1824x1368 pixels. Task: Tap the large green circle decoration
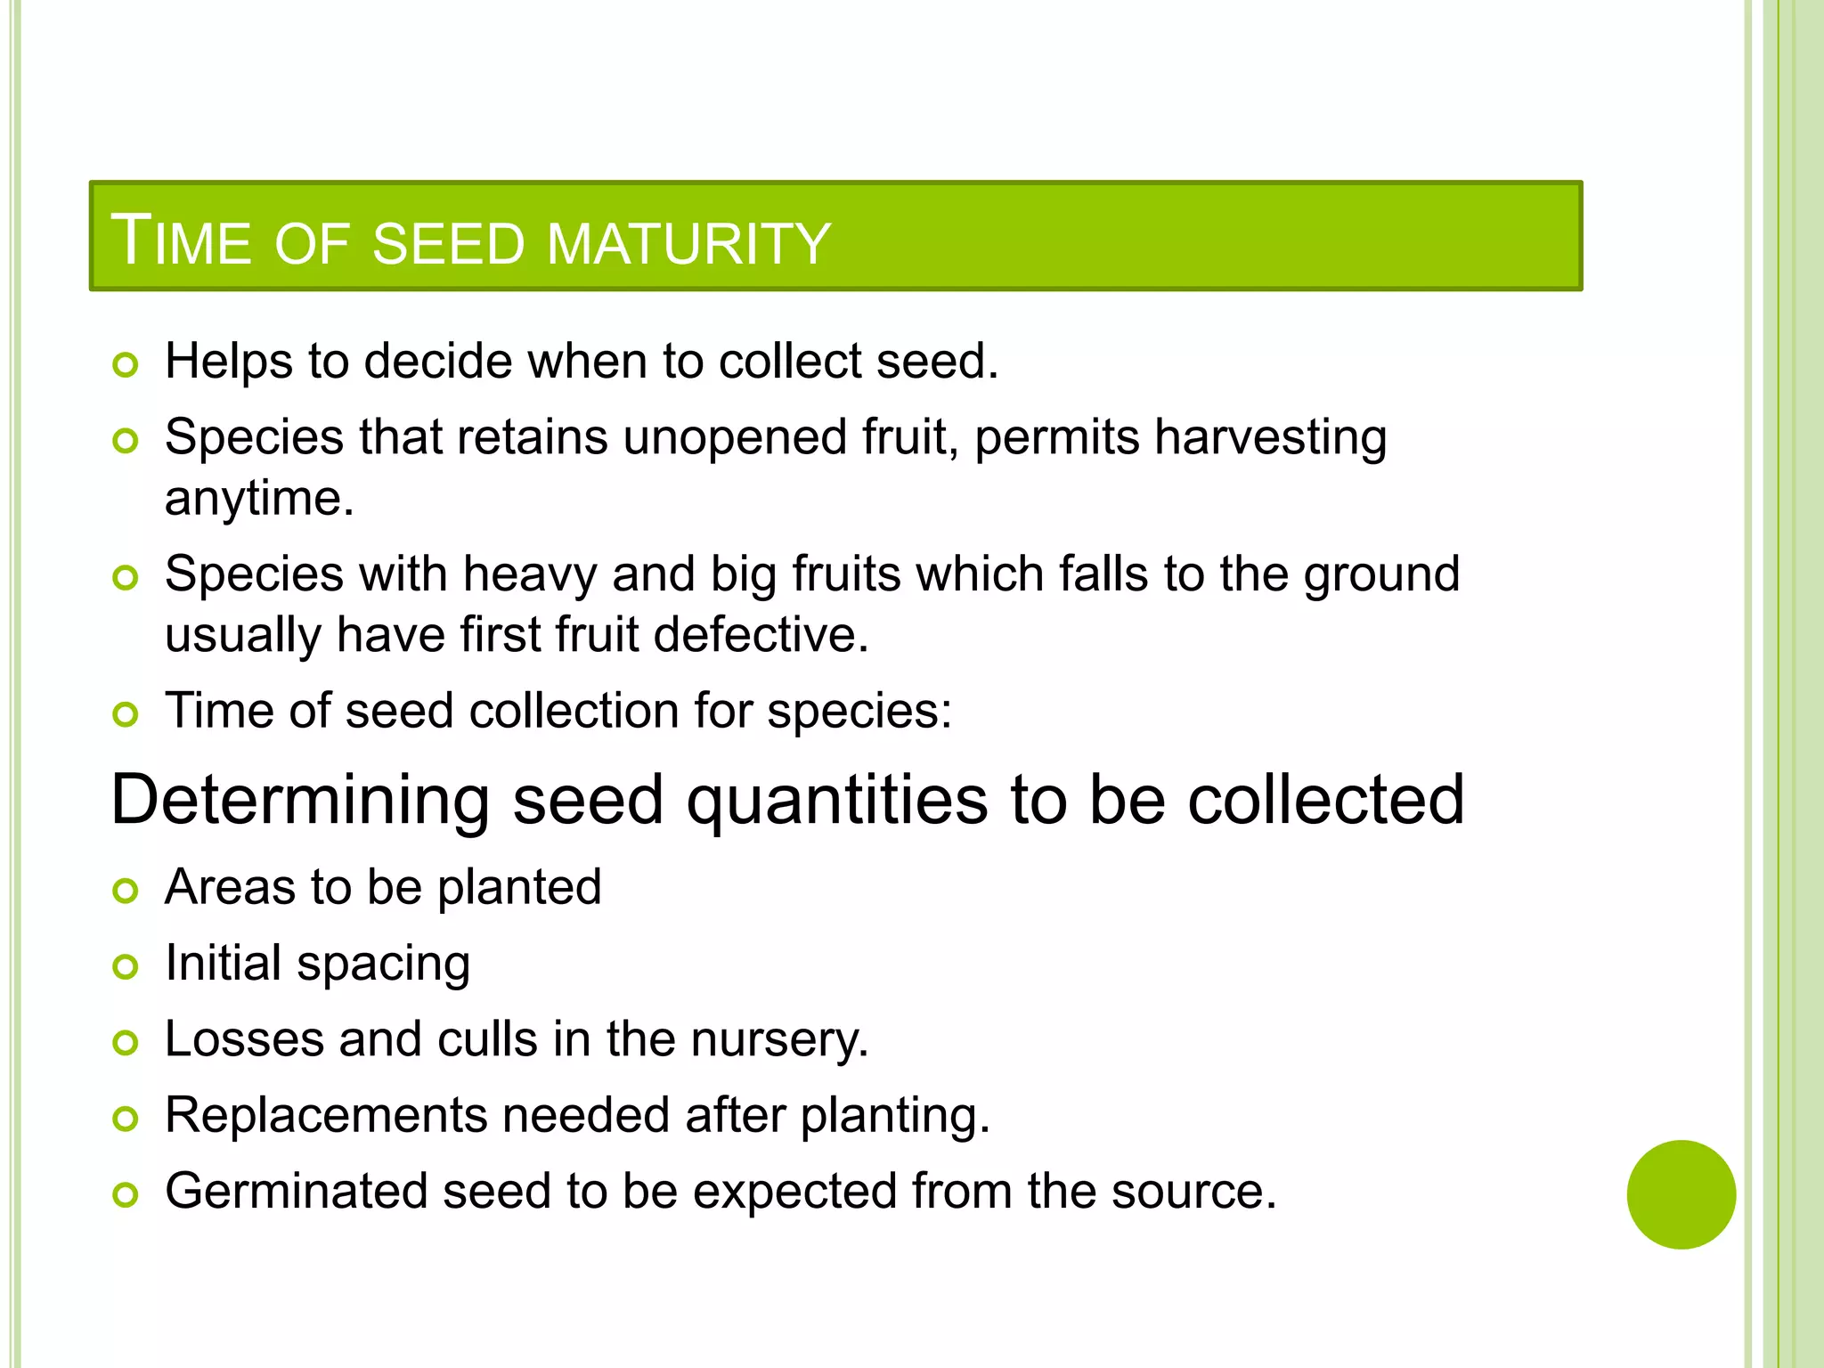(1681, 1194)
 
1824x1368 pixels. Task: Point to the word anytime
(258, 499)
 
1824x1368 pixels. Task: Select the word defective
(761, 635)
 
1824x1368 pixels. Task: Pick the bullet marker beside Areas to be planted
(126, 891)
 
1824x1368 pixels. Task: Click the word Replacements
(325, 1115)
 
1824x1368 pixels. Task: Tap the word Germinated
(296, 1192)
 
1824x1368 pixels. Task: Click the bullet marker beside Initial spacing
(126, 966)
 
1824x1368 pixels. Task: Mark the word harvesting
(1270, 439)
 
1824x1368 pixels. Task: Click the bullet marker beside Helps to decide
(126, 365)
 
